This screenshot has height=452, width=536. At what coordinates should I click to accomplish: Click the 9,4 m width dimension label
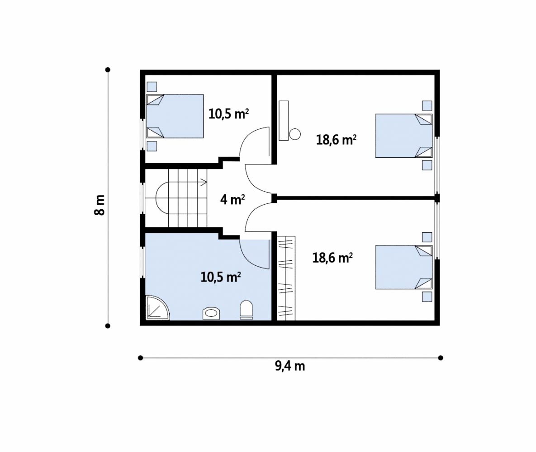coord(290,366)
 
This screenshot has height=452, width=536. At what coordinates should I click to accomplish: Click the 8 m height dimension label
coord(100,205)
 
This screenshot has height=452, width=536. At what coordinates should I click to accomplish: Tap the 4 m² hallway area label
coord(232,199)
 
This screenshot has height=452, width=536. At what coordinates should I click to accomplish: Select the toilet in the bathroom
coord(246,310)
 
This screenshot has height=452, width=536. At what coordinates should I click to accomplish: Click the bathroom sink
coord(211,313)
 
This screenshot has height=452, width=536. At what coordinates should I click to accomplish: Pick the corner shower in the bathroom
coord(157,307)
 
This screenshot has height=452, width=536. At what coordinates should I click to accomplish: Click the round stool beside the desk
coord(294,134)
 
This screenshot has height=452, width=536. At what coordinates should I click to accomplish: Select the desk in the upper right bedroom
coord(284,120)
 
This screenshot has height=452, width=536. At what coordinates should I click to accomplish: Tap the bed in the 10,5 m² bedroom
coord(175,116)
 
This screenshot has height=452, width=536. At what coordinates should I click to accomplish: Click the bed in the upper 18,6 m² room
coord(404,136)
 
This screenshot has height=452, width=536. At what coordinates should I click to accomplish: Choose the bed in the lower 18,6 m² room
coord(404,267)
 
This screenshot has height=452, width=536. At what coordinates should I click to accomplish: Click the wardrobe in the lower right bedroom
coord(286,278)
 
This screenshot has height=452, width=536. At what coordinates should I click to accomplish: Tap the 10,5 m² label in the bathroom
coord(220,277)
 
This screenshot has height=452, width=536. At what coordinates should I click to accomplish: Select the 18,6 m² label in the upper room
coord(337,139)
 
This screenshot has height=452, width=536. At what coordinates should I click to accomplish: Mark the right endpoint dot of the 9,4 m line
coord(441,358)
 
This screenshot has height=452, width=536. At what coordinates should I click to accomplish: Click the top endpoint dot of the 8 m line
coord(108,70)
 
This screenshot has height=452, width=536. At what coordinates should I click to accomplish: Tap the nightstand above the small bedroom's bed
coord(152,87)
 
